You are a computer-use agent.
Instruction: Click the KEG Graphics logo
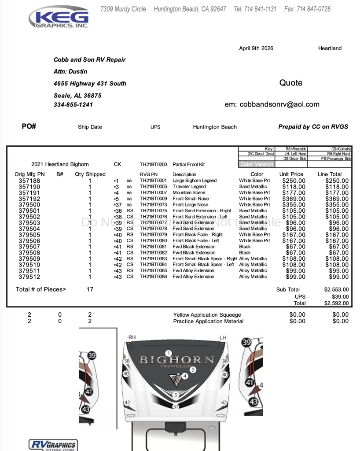point(59,18)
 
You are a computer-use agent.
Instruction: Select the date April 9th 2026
point(256,48)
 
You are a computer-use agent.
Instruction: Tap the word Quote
point(291,83)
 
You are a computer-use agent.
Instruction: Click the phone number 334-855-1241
point(73,105)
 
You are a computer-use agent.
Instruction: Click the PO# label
point(29,126)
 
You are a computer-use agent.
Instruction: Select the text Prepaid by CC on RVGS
point(313,127)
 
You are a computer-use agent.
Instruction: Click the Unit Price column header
point(291,174)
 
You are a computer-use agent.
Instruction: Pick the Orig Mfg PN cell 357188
point(29,181)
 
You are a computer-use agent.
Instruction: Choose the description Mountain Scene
point(189,193)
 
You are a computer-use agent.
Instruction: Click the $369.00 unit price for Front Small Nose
point(294,199)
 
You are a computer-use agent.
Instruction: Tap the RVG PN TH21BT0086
point(153,277)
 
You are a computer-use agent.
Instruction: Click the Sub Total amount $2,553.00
point(336,290)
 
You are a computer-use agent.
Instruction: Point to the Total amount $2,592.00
point(336,303)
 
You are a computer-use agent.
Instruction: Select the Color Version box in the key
point(257,164)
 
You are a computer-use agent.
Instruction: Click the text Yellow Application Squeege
point(207,315)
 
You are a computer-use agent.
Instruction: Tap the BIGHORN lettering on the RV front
point(177,360)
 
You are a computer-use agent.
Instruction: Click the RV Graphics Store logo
point(52,445)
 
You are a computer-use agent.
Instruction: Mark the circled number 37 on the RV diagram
point(176,406)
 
